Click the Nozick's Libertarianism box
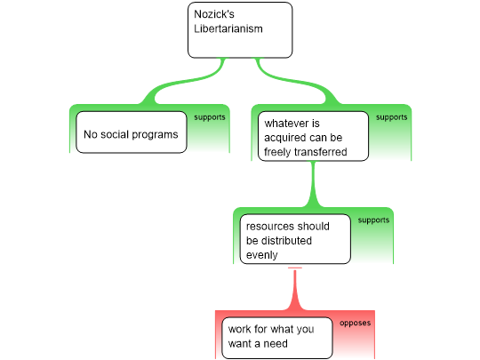[x=240, y=30]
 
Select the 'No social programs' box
[x=132, y=132]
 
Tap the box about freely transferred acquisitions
[x=313, y=136]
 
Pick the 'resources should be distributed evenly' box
[x=295, y=239]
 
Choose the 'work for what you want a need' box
[x=277, y=338]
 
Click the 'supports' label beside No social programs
[x=210, y=117]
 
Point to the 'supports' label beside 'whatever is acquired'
[x=391, y=117]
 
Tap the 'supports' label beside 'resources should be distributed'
[x=373, y=220]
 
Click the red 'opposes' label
[x=355, y=323]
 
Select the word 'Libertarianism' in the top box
[x=228, y=28]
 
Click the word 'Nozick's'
[x=214, y=14]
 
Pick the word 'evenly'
[x=261, y=255]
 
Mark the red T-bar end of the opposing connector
[x=295, y=268]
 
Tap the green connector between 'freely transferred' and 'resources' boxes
[x=313, y=184]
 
